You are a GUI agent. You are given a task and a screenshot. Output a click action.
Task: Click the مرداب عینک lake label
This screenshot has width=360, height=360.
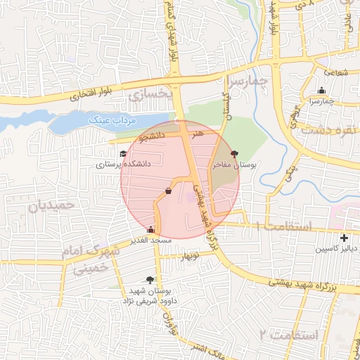click(111, 121)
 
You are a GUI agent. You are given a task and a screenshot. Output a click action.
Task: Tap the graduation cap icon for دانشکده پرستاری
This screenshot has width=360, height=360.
click(122, 153)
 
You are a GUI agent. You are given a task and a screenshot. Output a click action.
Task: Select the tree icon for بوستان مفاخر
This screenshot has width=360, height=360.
click(234, 153)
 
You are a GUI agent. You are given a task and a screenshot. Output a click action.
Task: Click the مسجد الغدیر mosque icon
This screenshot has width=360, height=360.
click(150, 229)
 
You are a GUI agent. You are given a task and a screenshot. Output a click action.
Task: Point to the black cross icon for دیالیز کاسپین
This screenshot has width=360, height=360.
click(344, 238)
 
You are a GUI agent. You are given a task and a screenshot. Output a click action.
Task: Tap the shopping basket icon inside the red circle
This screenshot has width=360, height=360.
click(167, 191)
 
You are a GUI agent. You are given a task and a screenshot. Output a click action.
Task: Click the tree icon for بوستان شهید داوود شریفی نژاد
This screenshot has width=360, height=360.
click(150, 279)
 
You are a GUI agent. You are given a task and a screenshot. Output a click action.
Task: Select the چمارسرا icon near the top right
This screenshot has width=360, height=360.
click(321, 90)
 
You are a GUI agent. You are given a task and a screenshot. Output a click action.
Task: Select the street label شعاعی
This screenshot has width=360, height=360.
click(337, 71)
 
